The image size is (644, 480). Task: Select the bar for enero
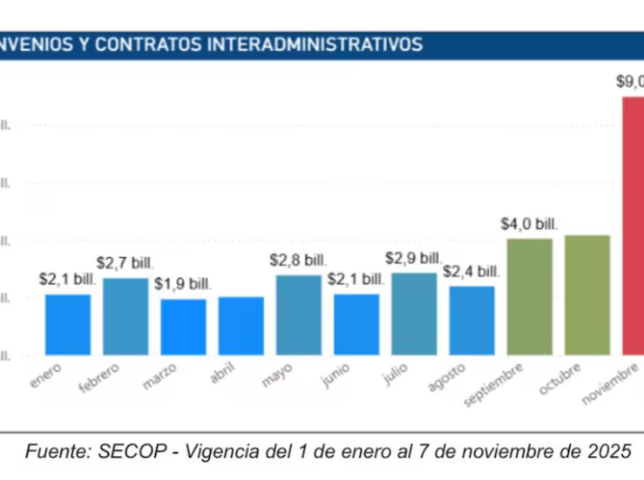68,324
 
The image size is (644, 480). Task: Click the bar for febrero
125,316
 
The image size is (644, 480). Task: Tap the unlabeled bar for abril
241,326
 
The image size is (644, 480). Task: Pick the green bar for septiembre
530,296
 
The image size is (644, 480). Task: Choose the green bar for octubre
587,294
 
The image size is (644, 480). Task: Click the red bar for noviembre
634,226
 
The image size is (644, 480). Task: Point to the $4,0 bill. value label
529,224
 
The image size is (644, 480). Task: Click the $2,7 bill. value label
125,262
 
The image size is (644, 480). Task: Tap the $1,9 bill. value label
183,284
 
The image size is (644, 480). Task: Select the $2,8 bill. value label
298,260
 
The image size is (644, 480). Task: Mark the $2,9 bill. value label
414,258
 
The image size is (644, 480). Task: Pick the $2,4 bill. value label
471,271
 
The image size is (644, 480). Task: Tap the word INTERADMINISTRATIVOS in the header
315,44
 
